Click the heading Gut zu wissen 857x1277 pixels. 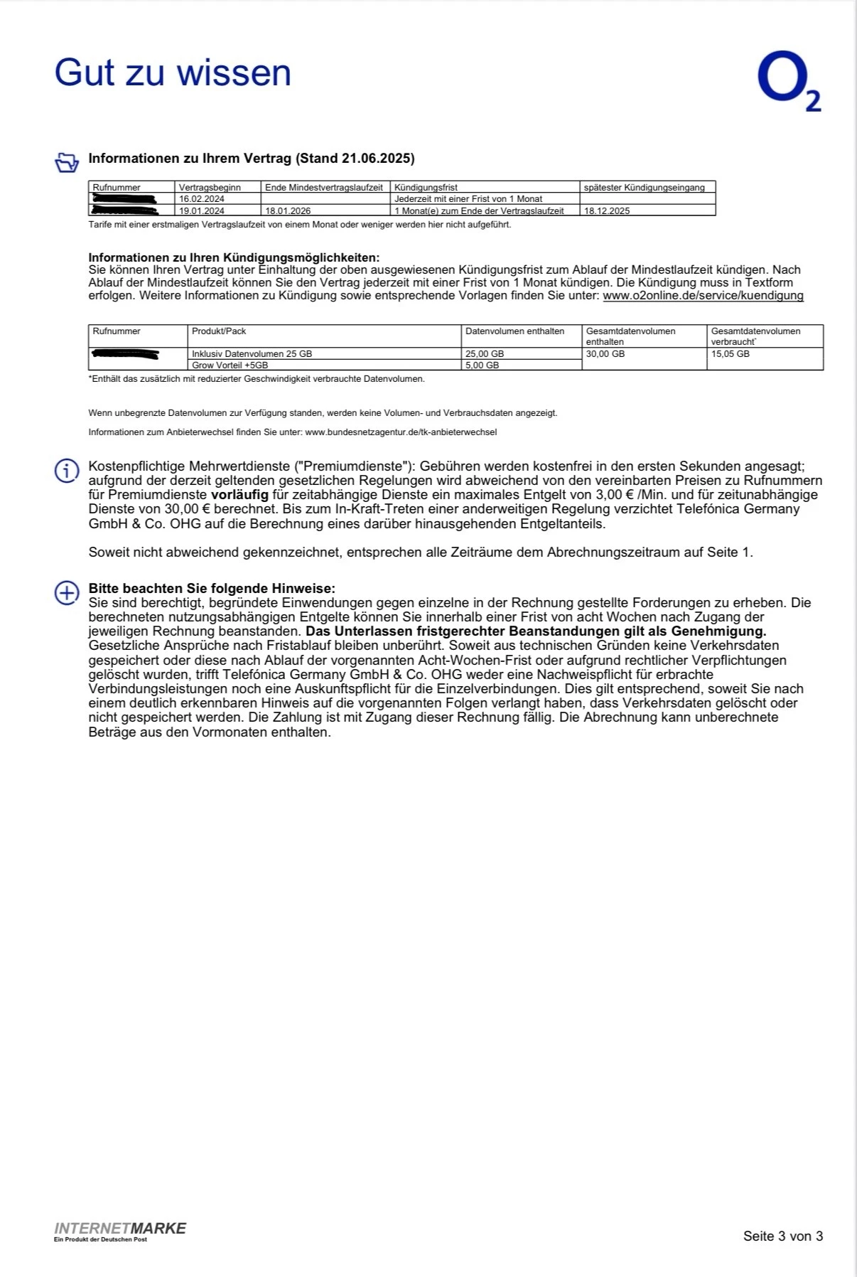[x=173, y=73]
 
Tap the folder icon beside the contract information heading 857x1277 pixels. [x=67, y=162]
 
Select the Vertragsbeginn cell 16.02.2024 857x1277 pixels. [x=202, y=199]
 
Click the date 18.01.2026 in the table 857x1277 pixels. [x=288, y=210]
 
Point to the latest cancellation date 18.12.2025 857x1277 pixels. [x=607, y=210]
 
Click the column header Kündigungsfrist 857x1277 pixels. [x=426, y=188]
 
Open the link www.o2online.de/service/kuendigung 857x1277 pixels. [x=703, y=296]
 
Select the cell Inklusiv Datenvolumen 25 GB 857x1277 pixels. [x=252, y=353]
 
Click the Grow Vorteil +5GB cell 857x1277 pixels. [x=230, y=365]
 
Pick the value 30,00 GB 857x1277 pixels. [x=605, y=353]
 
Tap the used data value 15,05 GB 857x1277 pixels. [x=731, y=353]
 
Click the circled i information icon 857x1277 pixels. [x=67, y=470]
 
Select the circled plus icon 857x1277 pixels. [x=67, y=593]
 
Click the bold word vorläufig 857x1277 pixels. [x=239, y=495]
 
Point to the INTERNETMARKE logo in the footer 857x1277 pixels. [x=120, y=1229]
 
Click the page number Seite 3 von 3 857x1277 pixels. [x=782, y=1236]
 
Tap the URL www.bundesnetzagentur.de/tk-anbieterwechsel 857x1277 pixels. [x=401, y=432]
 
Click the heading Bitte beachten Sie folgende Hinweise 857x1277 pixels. [x=212, y=589]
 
